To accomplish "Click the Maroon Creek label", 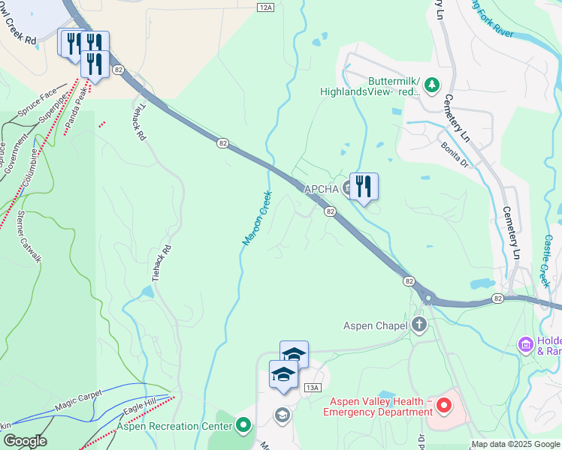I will click(x=256, y=218).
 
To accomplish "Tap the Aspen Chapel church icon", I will click(x=419, y=325).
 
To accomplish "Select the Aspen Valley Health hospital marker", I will click(x=443, y=406).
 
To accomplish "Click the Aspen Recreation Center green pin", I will click(x=243, y=426).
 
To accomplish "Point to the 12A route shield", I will click(x=264, y=7).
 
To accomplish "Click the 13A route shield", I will click(x=313, y=387).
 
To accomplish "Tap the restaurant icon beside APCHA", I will click(x=364, y=186).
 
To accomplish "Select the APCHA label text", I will click(x=321, y=189).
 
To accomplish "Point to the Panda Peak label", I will click(x=75, y=110).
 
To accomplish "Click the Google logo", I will click(x=24, y=441).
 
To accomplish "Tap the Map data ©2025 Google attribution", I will click(x=515, y=445).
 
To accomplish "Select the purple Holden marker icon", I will click(x=527, y=345).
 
